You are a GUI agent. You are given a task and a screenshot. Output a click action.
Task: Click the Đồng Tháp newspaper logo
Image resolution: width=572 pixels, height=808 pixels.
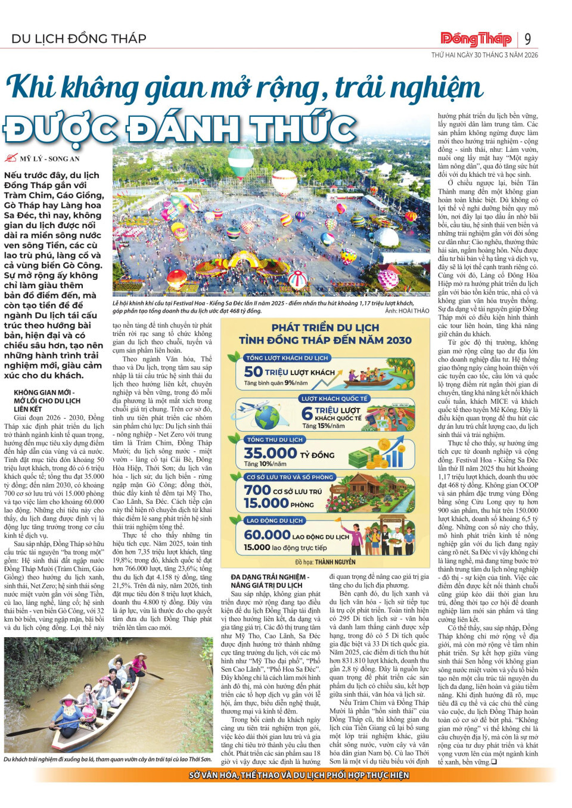(476, 39)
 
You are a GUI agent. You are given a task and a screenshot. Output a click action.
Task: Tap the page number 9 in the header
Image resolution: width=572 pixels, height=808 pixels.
(528, 39)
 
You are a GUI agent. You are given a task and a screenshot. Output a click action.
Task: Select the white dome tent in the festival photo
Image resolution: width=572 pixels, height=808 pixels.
(387, 237)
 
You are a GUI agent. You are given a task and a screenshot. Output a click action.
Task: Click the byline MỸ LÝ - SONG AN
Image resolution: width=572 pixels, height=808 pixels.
(49, 159)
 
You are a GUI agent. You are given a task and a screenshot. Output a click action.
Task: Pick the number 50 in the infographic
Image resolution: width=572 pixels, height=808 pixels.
(253, 372)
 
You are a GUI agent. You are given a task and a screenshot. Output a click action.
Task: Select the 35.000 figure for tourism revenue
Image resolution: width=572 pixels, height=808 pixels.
(270, 453)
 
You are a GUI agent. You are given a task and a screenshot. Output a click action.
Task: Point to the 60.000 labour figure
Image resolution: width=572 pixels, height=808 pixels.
(267, 535)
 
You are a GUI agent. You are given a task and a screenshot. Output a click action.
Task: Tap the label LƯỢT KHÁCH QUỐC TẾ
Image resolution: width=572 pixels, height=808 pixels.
(334, 398)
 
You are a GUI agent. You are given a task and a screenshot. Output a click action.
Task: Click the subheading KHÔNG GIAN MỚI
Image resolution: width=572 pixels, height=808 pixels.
(43, 393)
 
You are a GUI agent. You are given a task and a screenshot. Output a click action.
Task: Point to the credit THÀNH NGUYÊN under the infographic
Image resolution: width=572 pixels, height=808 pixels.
(335, 561)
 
